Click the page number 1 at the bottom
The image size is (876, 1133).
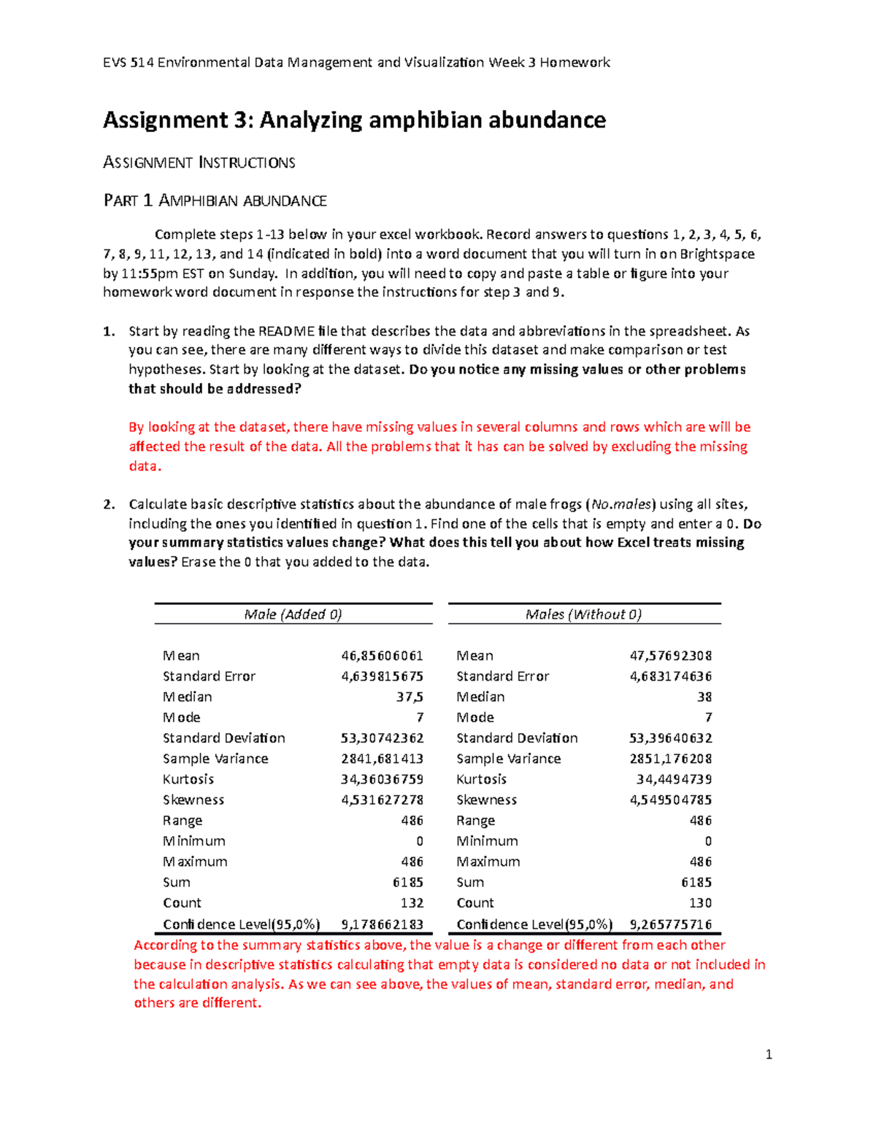(x=769, y=1054)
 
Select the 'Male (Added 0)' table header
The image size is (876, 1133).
(x=293, y=614)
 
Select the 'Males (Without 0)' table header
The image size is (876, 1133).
(x=583, y=614)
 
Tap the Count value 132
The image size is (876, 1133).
(x=412, y=903)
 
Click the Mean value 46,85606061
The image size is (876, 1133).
(x=382, y=656)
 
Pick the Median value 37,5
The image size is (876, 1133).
(x=410, y=697)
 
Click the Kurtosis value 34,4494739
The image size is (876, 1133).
(x=674, y=779)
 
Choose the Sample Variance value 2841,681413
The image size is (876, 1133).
(x=382, y=759)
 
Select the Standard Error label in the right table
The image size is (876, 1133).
(x=502, y=676)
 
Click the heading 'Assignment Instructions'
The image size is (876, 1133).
(x=199, y=163)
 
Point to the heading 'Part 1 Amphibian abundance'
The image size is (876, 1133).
(x=215, y=201)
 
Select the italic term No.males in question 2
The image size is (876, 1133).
(x=621, y=504)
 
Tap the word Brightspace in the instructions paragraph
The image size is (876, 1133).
(x=717, y=254)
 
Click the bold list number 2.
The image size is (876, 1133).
(x=109, y=504)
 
